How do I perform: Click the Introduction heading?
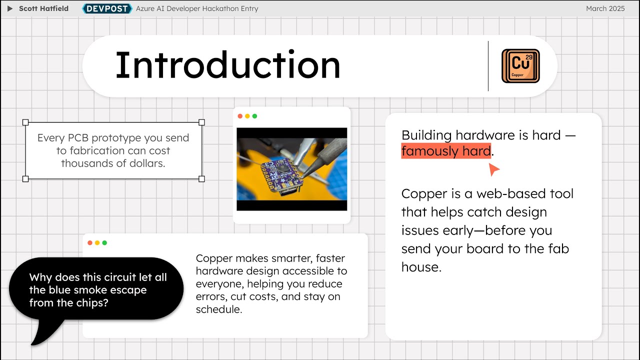point(227,65)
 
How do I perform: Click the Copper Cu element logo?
point(520,66)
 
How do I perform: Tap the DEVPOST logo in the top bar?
point(107,8)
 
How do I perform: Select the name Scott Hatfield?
point(43,8)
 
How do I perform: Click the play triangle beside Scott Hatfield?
point(10,8)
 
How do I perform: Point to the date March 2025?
point(605,8)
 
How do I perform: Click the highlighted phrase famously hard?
point(445,151)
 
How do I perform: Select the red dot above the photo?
point(240,116)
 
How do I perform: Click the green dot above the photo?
point(254,116)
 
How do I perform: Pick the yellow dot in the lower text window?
point(97,243)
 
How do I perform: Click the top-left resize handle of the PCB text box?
point(25,122)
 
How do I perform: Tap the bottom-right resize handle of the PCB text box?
point(202,178)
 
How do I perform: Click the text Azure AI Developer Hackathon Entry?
point(197,8)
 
